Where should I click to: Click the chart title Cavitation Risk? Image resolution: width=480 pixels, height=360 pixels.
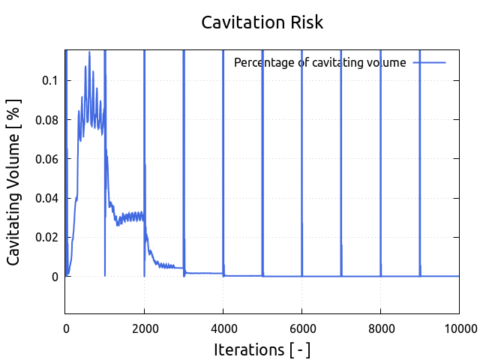(262, 22)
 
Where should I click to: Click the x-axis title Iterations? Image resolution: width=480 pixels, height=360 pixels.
(262, 349)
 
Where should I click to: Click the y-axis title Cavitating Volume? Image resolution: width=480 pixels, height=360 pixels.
(14, 182)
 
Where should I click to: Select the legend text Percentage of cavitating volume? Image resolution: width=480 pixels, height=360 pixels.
(320, 62)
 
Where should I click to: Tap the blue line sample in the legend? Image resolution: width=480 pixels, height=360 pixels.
(429, 62)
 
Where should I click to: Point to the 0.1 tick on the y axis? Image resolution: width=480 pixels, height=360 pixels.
(50, 80)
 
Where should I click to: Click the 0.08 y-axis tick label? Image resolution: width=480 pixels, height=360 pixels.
(47, 120)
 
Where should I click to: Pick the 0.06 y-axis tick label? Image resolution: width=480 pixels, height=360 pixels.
(47, 159)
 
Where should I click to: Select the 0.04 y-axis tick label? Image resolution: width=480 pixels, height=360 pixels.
(47, 199)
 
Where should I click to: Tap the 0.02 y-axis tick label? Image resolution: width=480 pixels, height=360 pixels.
(47, 238)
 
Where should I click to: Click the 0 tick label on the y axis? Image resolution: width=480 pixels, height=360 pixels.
(55, 277)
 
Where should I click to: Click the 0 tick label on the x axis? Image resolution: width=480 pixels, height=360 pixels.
(66, 327)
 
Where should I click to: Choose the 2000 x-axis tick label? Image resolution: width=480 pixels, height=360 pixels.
(145, 327)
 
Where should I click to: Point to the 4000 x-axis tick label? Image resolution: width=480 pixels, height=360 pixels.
(223, 327)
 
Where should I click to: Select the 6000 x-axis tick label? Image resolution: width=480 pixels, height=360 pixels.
(301, 327)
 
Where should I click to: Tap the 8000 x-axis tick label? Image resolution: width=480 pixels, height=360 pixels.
(380, 327)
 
